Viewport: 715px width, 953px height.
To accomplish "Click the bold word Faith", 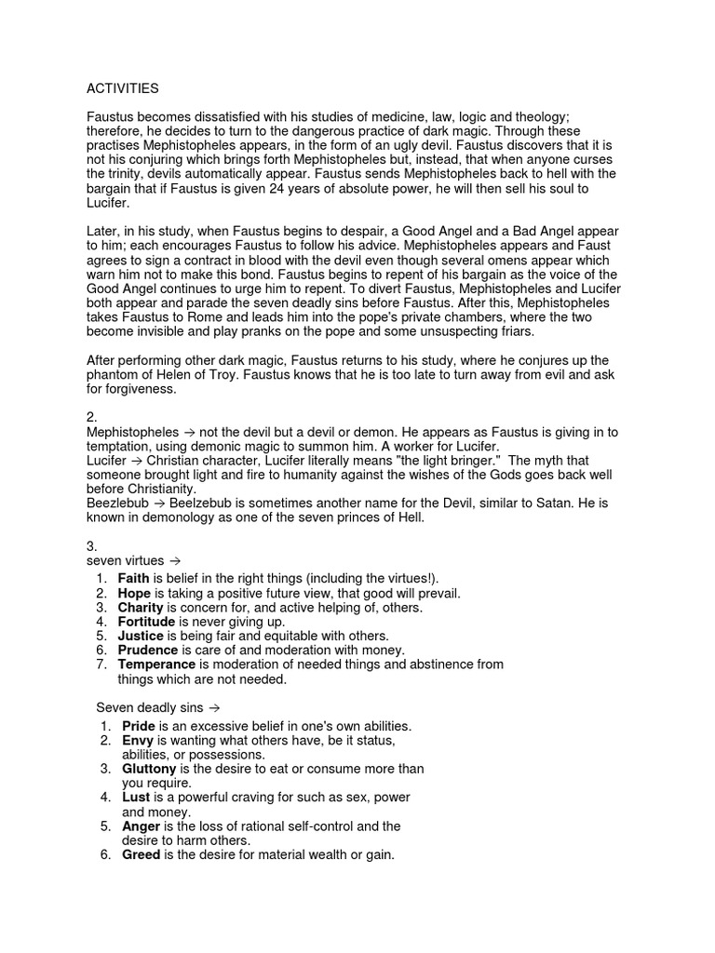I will (133, 579).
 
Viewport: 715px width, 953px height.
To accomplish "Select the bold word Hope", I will (134, 593).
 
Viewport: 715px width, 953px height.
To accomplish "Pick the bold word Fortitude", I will (147, 621).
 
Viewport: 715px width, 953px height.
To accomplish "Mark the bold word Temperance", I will (156, 664).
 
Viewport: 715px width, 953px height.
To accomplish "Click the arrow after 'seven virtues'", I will (173, 561).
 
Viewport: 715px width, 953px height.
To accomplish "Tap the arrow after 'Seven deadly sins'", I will (213, 707).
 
